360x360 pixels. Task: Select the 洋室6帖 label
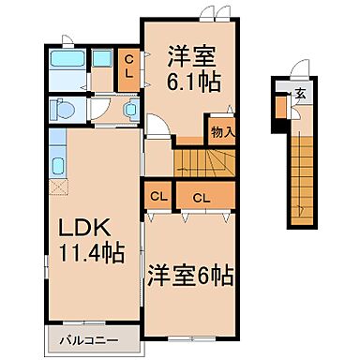tap(188, 277)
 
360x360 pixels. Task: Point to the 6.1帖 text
tap(194, 81)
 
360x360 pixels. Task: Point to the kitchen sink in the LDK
tap(56, 167)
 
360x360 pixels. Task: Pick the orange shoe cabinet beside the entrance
tap(281, 106)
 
